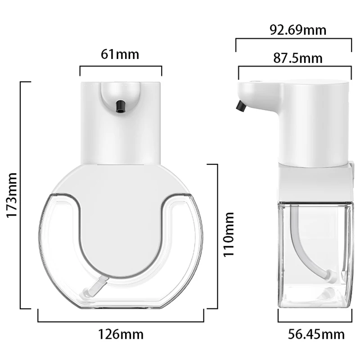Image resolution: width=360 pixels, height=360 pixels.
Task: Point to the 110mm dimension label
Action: coord(230,234)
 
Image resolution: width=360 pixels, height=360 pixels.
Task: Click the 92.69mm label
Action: coord(298,30)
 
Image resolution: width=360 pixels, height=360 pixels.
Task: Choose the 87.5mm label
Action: coord(298,58)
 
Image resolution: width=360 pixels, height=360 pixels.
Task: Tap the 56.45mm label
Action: coord(316,334)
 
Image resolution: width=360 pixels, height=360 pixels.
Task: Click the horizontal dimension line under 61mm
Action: coord(121,67)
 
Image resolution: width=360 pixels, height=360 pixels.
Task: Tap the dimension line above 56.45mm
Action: coord(314,321)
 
